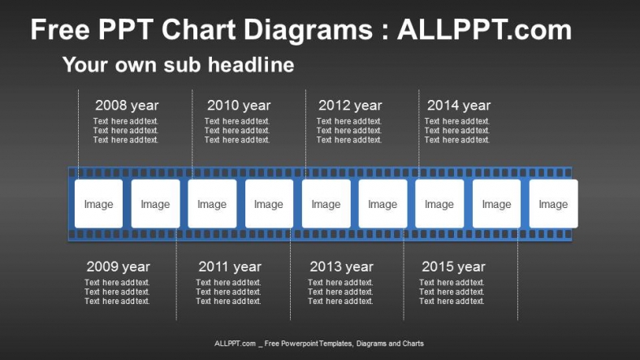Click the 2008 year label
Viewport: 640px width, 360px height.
[x=127, y=106]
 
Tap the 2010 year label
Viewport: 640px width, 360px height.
[x=239, y=106]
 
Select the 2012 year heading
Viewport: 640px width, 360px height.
[x=350, y=106]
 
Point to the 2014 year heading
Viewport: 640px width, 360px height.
[x=459, y=106]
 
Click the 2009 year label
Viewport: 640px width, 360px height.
[x=119, y=267]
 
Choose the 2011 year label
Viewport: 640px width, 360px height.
[x=230, y=267]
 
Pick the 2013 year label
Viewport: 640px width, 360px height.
[x=342, y=267]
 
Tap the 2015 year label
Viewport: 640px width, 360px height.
[x=453, y=267]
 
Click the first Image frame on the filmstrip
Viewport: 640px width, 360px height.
[x=98, y=204]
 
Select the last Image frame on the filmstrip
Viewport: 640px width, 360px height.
[x=553, y=204]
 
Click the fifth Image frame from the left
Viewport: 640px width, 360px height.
[x=326, y=204]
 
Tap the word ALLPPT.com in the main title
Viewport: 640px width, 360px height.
[x=484, y=31]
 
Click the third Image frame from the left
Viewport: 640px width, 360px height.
[x=212, y=204]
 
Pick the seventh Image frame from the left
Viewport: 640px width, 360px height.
[x=439, y=204]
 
